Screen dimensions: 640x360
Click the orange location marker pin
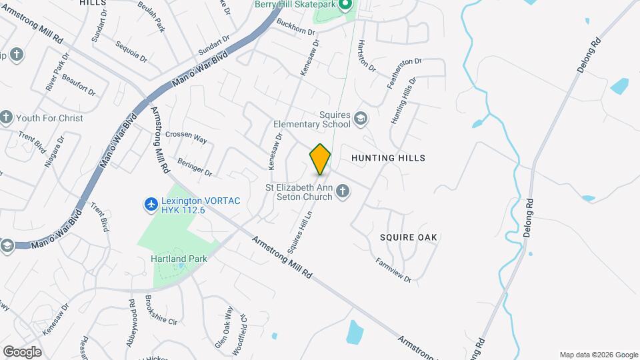pos(320,159)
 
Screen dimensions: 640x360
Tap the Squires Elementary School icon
pos(361,118)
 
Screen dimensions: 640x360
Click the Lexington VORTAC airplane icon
pos(151,204)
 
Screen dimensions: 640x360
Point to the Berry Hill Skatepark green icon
pos(345,6)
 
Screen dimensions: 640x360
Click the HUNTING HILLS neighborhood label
pos(387,158)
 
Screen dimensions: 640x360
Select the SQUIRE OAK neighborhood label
pos(408,237)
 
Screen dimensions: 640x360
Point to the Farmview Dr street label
pos(393,269)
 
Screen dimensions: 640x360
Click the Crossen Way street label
pos(186,137)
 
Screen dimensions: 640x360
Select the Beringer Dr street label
pos(194,167)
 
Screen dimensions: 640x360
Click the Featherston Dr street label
pos(405,73)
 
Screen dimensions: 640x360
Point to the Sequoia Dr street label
pos(131,52)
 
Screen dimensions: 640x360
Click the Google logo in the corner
pos(22,352)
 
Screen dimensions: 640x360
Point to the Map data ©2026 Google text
pos(599,355)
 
